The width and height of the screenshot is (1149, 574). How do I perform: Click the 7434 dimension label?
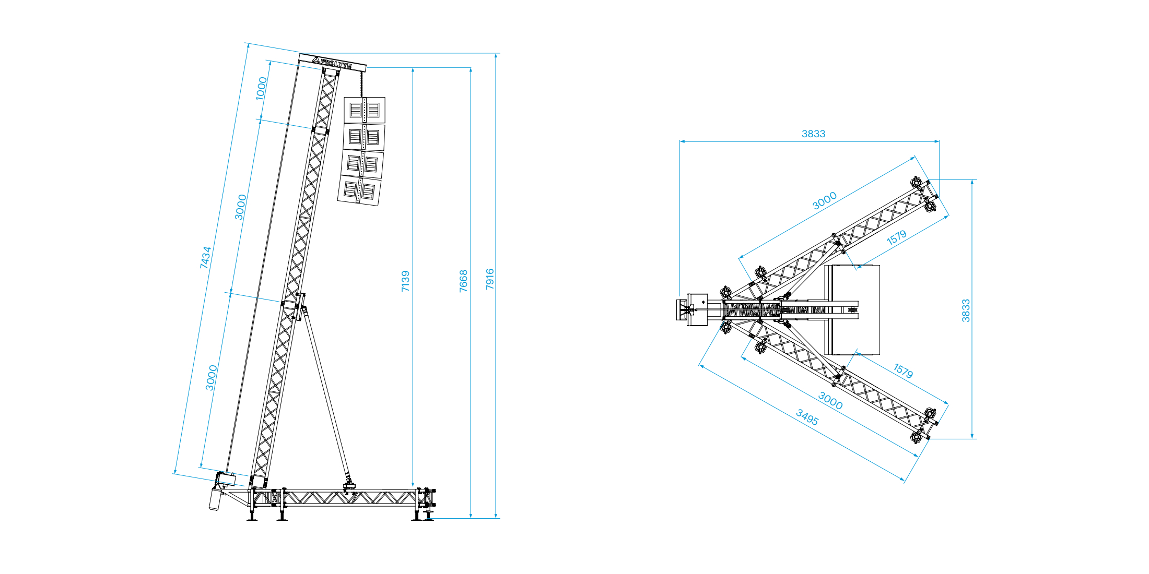click(205, 257)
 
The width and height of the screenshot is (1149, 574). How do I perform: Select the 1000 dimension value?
click(261, 88)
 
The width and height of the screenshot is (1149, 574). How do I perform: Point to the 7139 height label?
click(405, 281)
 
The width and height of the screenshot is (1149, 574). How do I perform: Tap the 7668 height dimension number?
click(463, 281)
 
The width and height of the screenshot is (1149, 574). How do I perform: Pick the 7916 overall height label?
click(489, 279)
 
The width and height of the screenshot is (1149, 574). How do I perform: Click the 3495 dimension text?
click(807, 417)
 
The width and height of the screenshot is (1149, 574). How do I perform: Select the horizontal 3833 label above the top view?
click(814, 134)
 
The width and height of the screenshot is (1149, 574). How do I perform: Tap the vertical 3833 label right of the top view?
click(966, 310)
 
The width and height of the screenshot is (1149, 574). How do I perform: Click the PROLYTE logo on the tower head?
click(333, 63)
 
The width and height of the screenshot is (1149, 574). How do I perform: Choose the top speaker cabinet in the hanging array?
click(365, 110)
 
